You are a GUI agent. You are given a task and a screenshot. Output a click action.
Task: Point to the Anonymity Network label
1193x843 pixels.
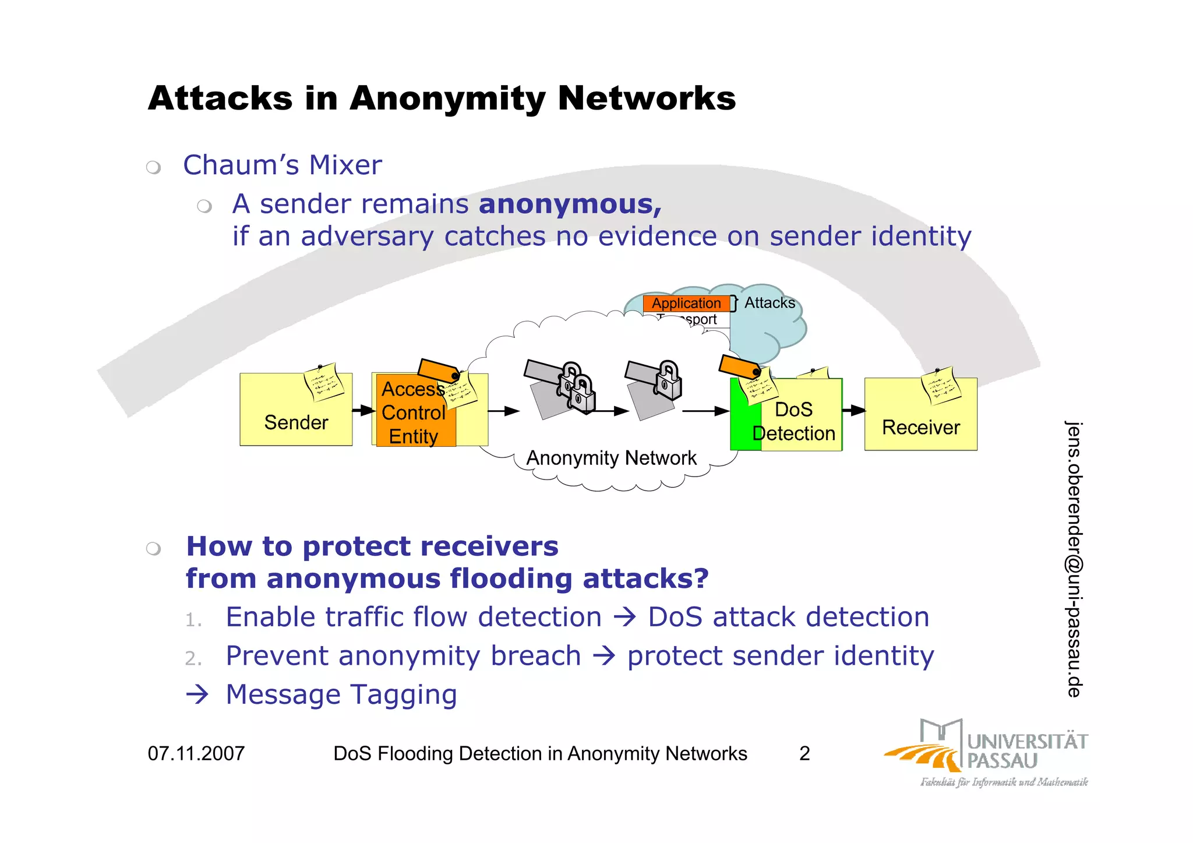coord(611,458)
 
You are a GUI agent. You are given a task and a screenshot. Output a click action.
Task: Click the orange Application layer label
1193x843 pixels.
coord(686,304)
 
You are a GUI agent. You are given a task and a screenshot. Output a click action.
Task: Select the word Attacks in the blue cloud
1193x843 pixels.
coord(770,303)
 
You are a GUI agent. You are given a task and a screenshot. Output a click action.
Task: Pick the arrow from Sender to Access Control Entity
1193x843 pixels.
coord(363,411)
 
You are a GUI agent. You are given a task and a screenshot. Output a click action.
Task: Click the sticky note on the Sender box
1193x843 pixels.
coord(324,382)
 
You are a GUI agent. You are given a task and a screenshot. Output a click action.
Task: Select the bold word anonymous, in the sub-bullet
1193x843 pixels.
coord(570,204)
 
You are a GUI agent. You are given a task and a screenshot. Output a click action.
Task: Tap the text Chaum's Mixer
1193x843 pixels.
coord(283,165)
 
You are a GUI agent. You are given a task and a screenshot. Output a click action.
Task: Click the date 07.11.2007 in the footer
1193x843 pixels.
coord(196,753)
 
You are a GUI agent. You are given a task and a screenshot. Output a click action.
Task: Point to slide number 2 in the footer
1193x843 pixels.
coord(804,753)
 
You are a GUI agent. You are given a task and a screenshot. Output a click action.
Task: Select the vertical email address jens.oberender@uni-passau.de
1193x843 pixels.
coord(1074,559)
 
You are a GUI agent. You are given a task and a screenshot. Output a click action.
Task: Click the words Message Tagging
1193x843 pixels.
coord(341,694)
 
